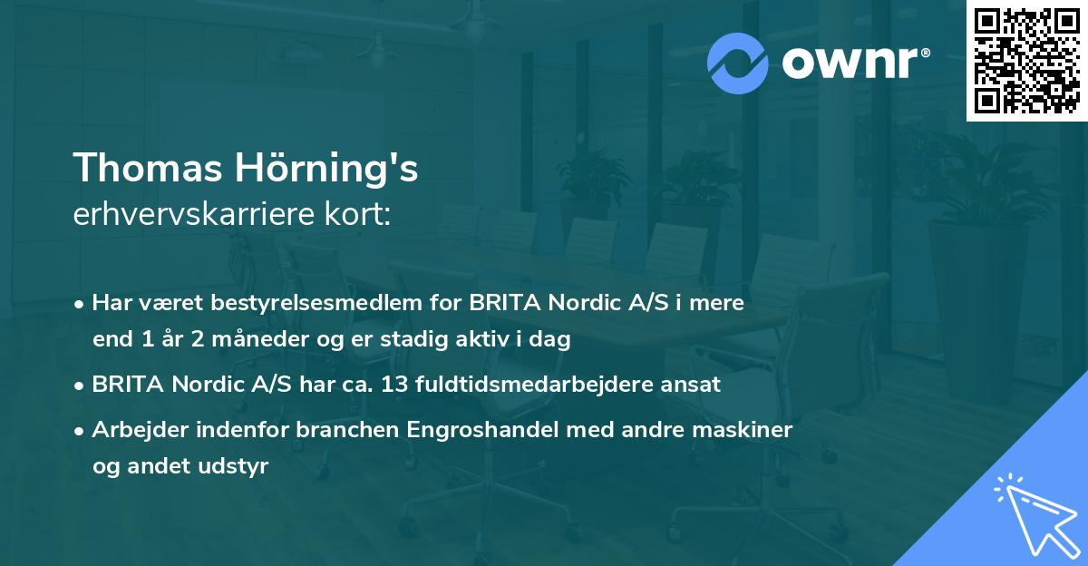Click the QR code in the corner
(1026, 60)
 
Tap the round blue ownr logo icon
(738, 63)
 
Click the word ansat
(694, 385)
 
